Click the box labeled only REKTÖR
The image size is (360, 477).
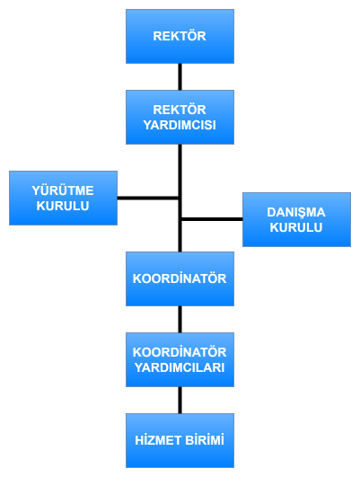pos(180,37)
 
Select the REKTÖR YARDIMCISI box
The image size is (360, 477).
pos(180,117)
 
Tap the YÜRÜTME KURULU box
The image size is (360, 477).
pos(63,198)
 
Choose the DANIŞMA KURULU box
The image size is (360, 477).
pos(296,220)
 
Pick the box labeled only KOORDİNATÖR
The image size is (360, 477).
pos(180,279)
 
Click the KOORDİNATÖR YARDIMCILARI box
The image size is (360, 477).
pos(180,360)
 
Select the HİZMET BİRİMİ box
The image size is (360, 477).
pos(180,440)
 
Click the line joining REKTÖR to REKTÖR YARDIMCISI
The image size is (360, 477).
pos(180,77)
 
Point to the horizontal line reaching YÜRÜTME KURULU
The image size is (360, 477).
pos(148,198)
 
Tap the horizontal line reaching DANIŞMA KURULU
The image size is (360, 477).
pos(212,219)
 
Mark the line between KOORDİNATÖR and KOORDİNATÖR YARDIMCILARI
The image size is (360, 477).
pos(180,320)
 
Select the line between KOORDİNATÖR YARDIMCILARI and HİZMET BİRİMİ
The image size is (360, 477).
pos(180,401)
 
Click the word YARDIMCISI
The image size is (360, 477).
pos(180,125)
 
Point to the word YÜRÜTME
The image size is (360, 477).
pos(63,190)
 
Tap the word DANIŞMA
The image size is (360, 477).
pos(296,213)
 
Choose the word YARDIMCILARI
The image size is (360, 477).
pos(180,367)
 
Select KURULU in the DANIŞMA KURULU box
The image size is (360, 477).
pos(296,227)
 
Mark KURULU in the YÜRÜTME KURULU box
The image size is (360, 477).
pos(63,206)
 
